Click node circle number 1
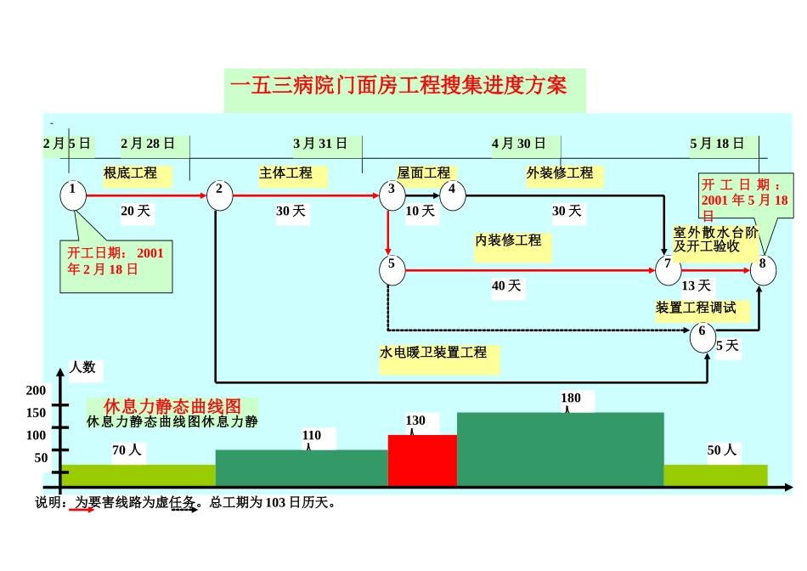(73, 195)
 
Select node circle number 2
(219, 195)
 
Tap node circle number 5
(392, 269)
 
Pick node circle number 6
(703, 336)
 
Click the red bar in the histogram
(422, 461)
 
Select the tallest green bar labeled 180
(560, 449)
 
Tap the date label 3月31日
(320, 144)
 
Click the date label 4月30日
(519, 144)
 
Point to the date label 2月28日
(148, 144)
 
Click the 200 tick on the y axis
(37, 391)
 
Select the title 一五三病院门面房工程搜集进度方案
(398, 86)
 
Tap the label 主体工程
(285, 173)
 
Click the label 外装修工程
(560, 173)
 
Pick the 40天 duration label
(506, 286)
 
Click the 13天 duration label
(697, 286)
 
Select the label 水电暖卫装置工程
(434, 352)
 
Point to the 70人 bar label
(127, 451)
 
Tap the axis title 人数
(82, 368)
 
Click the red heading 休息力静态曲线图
(172, 406)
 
